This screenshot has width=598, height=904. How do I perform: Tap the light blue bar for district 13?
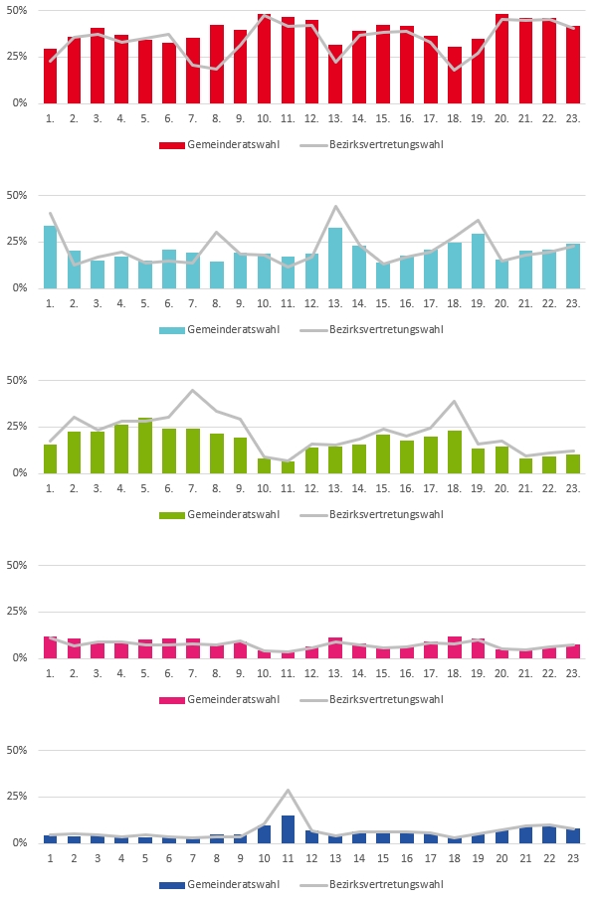click(335, 259)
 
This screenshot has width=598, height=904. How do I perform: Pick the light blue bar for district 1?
click(50, 258)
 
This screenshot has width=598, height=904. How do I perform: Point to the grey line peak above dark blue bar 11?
click(288, 791)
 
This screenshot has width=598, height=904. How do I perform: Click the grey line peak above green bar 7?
click(193, 390)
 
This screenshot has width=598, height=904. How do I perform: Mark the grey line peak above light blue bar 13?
click(335, 207)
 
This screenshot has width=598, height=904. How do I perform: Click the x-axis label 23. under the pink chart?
click(573, 673)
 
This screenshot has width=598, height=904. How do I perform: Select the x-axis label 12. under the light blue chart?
click(311, 303)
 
